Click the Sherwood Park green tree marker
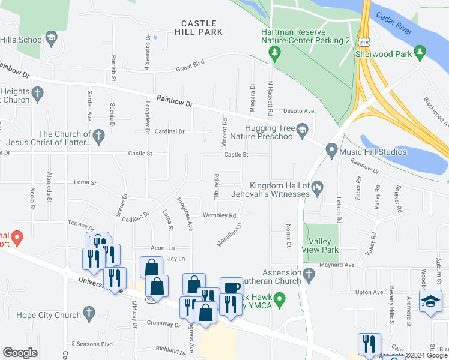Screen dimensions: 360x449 420,53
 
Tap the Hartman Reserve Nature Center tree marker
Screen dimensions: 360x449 275,53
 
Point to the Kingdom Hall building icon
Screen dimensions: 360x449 318,188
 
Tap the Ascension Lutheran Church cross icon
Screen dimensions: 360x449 309,275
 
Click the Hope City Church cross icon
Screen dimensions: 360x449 88,313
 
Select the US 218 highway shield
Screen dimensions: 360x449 363,41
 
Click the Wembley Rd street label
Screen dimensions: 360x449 220,215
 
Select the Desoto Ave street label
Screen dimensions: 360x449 298,111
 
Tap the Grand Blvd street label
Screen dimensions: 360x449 190,68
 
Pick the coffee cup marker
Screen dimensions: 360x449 231,287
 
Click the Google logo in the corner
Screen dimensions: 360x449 20,353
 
